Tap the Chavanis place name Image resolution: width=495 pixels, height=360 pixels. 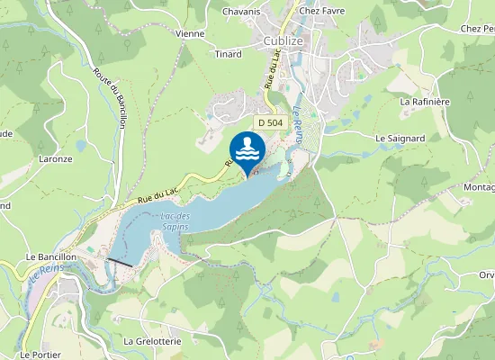[241, 12]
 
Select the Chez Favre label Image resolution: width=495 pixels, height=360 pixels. [322, 12]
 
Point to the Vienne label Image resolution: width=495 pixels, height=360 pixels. [190, 34]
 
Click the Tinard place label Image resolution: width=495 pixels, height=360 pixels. [229, 55]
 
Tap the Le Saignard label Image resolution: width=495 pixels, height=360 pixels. [399, 139]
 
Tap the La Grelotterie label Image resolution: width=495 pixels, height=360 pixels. [153, 342]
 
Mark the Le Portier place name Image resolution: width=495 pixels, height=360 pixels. [40, 355]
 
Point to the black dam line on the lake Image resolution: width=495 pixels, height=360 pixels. [121, 262]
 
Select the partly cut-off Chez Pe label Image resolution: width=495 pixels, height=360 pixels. [476, 29]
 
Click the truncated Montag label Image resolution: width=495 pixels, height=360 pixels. [479, 186]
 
